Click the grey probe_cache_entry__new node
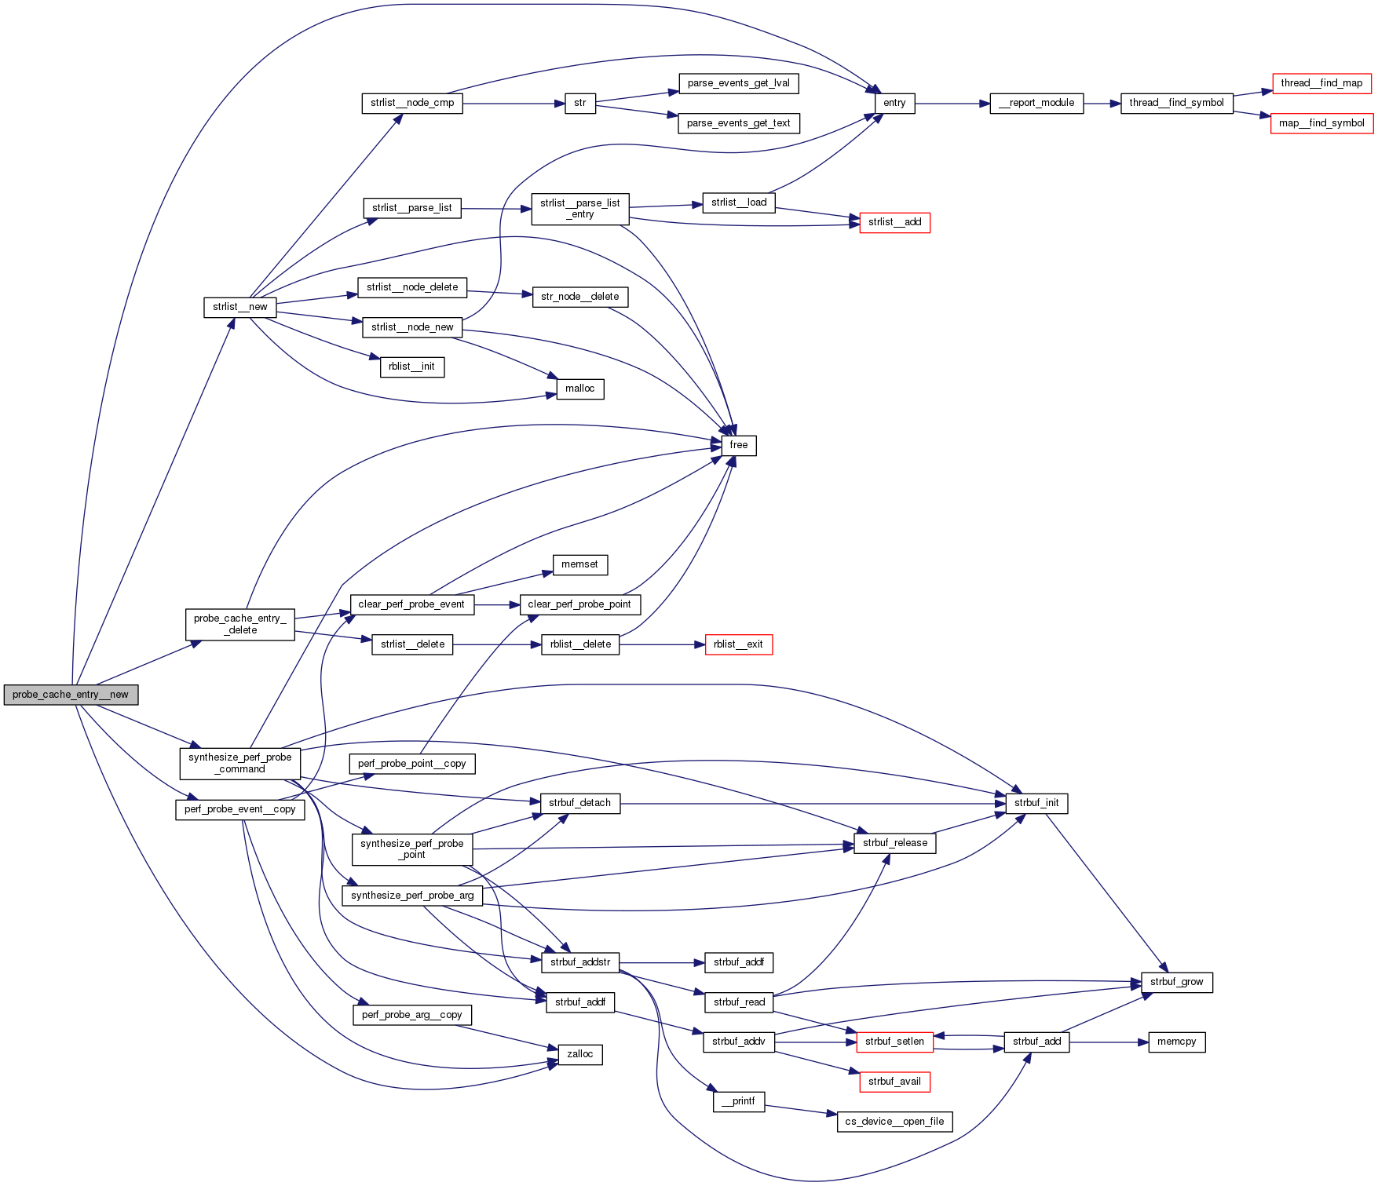(71, 695)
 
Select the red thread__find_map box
(1321, 83)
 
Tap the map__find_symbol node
(1321, 123)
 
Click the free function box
(738, 445)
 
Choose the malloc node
(580, 389)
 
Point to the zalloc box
(580, 1054)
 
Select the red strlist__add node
(894, 222)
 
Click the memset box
(579, 564)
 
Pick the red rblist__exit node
(738, 644)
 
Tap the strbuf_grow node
(1176, 982)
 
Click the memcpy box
(1176, 1042)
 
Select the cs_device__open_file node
(894, 1122)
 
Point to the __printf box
(738, 1101)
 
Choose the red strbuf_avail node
(894, 1082)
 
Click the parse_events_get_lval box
(738, 83)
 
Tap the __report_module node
(1036, 103)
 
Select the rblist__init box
(412, 367)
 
